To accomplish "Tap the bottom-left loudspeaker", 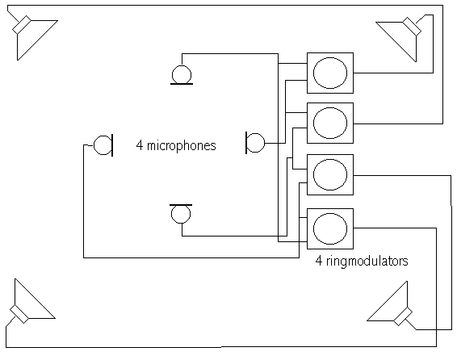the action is click(x=31, y=303).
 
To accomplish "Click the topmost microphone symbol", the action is click(x=182, y=75).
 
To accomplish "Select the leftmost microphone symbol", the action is click(x=103, y=145).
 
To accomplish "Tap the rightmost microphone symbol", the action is click(x=255, y=143).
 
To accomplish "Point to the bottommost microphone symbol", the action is click(x=181, y=213).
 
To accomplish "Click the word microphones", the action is click(x=182, y=145).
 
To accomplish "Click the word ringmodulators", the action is click(x=367, y=261).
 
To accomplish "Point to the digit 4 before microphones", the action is click(x=140, y=145).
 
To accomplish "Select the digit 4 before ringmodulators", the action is click(x=319, y=261).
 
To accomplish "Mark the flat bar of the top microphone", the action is click(x=182, y=84).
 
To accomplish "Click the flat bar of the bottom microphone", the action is click(x=181, y=205).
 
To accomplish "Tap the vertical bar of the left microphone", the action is click(x=112, y=145).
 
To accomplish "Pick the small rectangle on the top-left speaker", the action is click(x=22, y=24).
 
